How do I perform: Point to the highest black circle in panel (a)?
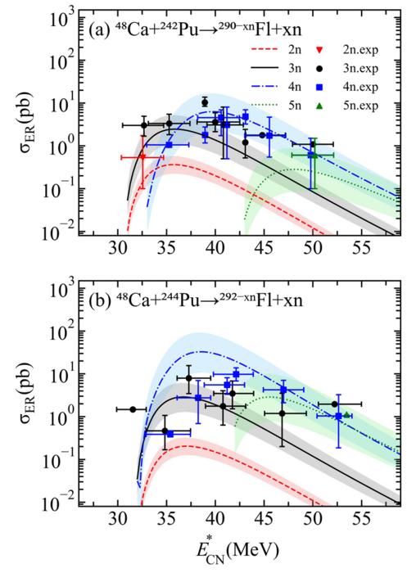tap(205, 102)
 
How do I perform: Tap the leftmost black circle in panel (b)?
tap(133, 409)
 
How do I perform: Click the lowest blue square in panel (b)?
tap(170, 434)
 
